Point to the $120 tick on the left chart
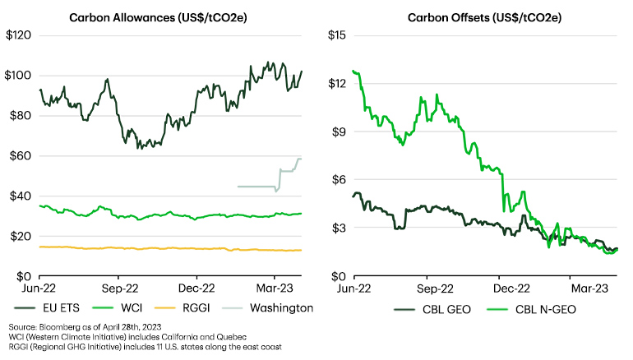(18, 35)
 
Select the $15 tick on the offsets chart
(338, 35)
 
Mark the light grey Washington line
(255, 187)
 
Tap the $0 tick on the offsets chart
(342, 276)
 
